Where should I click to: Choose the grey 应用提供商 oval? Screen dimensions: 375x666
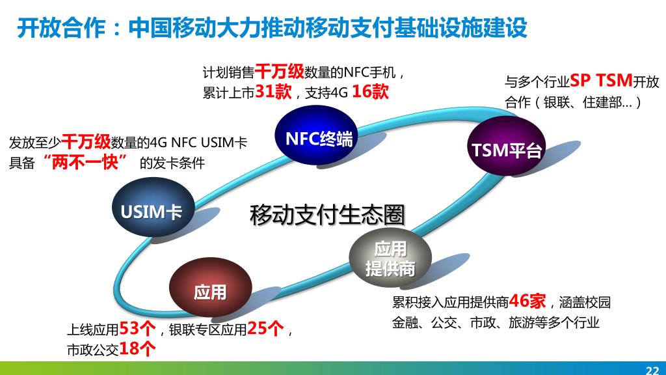click(x=390, y=258)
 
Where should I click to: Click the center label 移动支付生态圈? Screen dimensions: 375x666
click(x=327, y=215)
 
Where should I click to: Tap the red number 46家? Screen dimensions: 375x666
click(x=527, y=301)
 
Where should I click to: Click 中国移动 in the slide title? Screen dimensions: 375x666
click(x=165, y=28)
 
